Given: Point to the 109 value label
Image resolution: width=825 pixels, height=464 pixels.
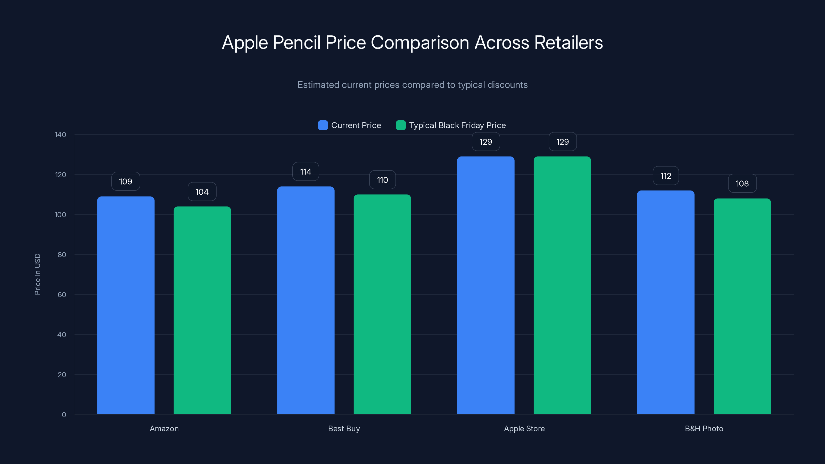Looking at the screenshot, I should [126, 181].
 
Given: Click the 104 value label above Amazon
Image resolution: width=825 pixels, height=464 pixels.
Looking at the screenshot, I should [202, 192].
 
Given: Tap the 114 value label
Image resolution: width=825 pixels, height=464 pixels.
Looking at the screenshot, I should [306, 172].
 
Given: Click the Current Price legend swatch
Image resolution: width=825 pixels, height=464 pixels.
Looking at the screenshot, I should [323, 125].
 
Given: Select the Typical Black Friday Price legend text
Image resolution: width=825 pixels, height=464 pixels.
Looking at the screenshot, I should [457, 125].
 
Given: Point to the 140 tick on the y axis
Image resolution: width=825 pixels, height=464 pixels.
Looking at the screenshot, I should [61, 135].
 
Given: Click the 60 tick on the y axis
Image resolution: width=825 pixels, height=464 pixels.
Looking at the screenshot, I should [62, 295].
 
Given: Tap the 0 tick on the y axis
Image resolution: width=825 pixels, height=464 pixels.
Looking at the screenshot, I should [64, 415].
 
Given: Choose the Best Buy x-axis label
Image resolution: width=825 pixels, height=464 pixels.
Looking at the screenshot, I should [344, 428].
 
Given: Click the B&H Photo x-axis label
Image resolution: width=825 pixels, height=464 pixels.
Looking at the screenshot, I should [704, 428].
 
